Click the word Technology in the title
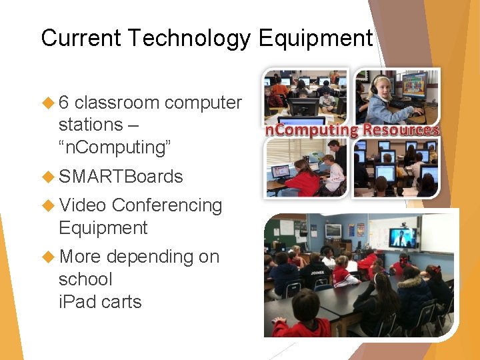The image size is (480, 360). [x=189, y=38]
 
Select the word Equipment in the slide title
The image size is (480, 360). [x=315, y=38]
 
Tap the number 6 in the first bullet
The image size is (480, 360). [x=65, y=103]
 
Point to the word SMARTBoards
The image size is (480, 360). [x=121, y=177]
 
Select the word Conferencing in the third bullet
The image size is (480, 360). [x=167, y=205]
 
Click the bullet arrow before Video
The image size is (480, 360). [x=48, y=205]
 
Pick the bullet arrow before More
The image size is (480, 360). [x=48, y=257]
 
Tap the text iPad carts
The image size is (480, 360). [x=100, y=301]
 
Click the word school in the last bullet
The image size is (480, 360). [x=85, y=279]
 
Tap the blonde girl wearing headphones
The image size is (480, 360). [x=382, y=100]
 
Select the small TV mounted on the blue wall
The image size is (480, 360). [x=333, y=231]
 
